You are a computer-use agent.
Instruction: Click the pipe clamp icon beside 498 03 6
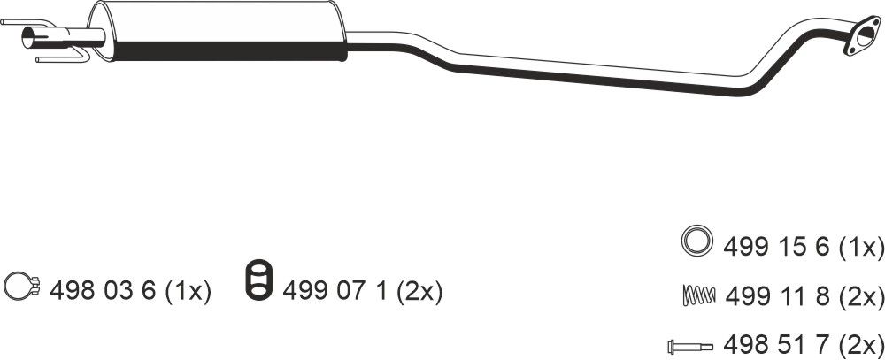[x=21, y=286]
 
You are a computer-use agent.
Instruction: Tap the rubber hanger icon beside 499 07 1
[x=258, y=279]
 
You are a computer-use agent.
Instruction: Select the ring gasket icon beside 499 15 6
[x=696, y=241]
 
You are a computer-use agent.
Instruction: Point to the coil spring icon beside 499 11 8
[x=699, y=295]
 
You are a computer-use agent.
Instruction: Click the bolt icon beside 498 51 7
[x=689, y=345]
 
